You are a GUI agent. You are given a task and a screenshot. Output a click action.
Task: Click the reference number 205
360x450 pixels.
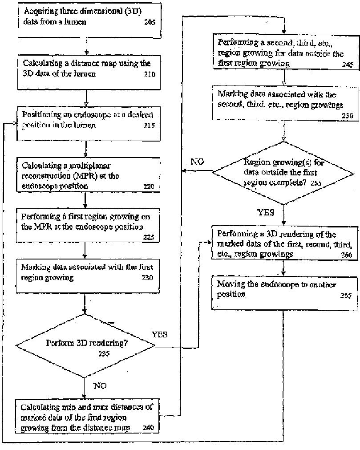coord(150,21)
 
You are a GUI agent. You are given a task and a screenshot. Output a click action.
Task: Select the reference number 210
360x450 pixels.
coord(150,74)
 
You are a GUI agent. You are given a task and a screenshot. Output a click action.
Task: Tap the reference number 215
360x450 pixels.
coord(149,126)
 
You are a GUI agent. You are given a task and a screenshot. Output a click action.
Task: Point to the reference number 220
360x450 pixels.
coord(149,186)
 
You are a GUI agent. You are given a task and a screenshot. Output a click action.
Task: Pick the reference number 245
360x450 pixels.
coord(348,65)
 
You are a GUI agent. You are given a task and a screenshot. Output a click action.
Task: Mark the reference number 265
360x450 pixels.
coord(346,296)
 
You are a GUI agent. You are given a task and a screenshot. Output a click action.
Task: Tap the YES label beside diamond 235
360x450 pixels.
coord(159,334)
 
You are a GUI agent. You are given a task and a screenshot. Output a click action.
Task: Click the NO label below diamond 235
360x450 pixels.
coord(100,386)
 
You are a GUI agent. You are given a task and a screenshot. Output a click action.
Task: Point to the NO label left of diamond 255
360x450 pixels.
coord(197,162)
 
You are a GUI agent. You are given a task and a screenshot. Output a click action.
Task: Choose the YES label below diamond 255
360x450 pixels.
coord(266,212)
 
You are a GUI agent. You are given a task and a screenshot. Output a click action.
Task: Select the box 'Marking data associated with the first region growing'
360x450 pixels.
coord(87,272)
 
